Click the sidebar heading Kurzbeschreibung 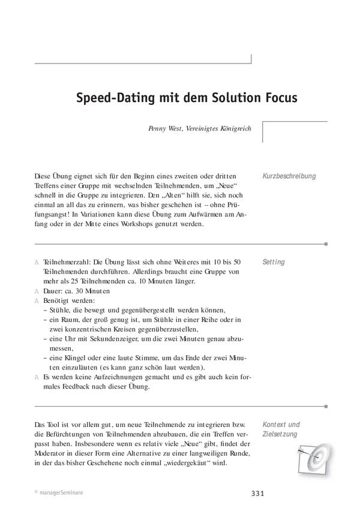tap(289, 176)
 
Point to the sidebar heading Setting tap(274, 262)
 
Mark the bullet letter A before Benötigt tap(37, 300)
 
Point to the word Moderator tap(52, 453)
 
